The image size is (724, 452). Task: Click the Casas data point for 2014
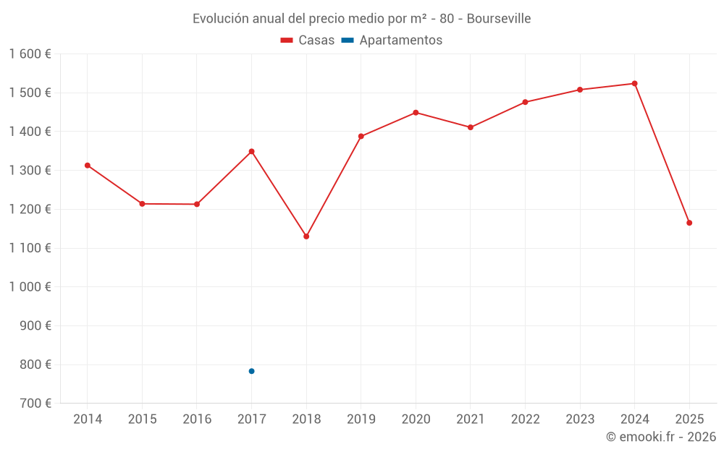[88, 166]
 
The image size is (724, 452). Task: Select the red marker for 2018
[306, 236]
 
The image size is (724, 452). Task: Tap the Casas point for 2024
[635, 84]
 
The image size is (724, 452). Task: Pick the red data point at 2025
[689, 223]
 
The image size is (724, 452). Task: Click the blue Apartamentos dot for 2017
[251, 371]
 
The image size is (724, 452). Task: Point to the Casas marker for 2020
[416, 113]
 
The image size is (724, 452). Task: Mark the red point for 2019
[361, 136]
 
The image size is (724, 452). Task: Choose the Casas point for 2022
[526, 102]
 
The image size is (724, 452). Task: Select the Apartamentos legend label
[400, 40]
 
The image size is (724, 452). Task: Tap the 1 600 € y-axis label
[30, 54]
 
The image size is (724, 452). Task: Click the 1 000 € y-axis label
[30, 286]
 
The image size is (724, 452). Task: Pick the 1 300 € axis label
[30, 171]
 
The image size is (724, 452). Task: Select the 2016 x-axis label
[197, 419]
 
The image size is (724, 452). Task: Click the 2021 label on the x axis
[471, 419]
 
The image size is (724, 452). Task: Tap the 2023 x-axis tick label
[580, 419]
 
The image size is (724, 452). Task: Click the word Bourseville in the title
[499, 19]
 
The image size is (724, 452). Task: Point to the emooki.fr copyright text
[661, 437]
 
